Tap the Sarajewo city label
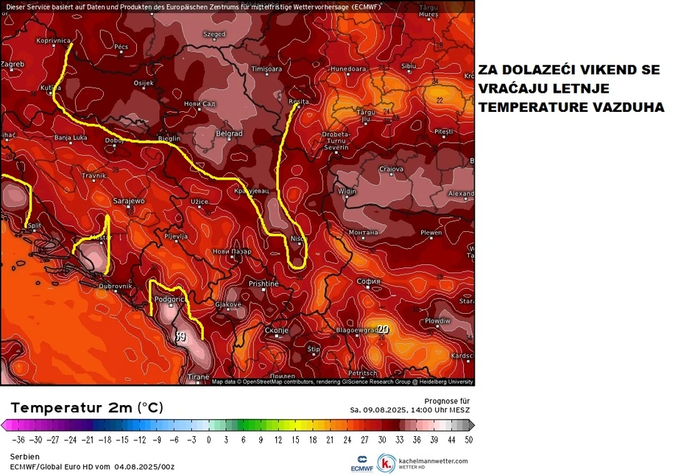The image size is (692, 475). click(x=130, y=200)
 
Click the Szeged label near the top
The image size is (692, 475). click(x=214, y=34)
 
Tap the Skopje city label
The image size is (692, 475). click(x=275, y=331)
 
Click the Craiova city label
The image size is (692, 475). click(x=392, y=169)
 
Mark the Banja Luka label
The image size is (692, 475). click(x=71, y=138)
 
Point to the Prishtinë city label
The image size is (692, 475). click(x=264, y=284)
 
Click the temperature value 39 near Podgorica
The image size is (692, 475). click(x=180, y=337)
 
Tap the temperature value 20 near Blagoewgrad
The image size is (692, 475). click(x=383, y=329)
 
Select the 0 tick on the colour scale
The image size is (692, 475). click(x=208, y=440)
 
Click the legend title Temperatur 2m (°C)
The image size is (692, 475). click(x=87, y=408)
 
